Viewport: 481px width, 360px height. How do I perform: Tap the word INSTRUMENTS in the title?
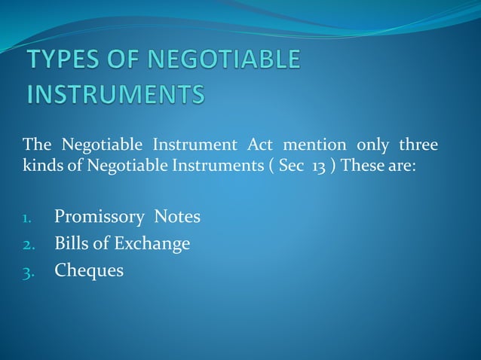pos(115,96)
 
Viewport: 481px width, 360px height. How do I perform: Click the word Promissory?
pos(100,218)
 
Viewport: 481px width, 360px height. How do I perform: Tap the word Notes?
pos(177,218)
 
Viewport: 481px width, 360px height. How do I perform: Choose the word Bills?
pos(71,243)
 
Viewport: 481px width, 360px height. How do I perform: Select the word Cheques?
pos(89,270)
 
